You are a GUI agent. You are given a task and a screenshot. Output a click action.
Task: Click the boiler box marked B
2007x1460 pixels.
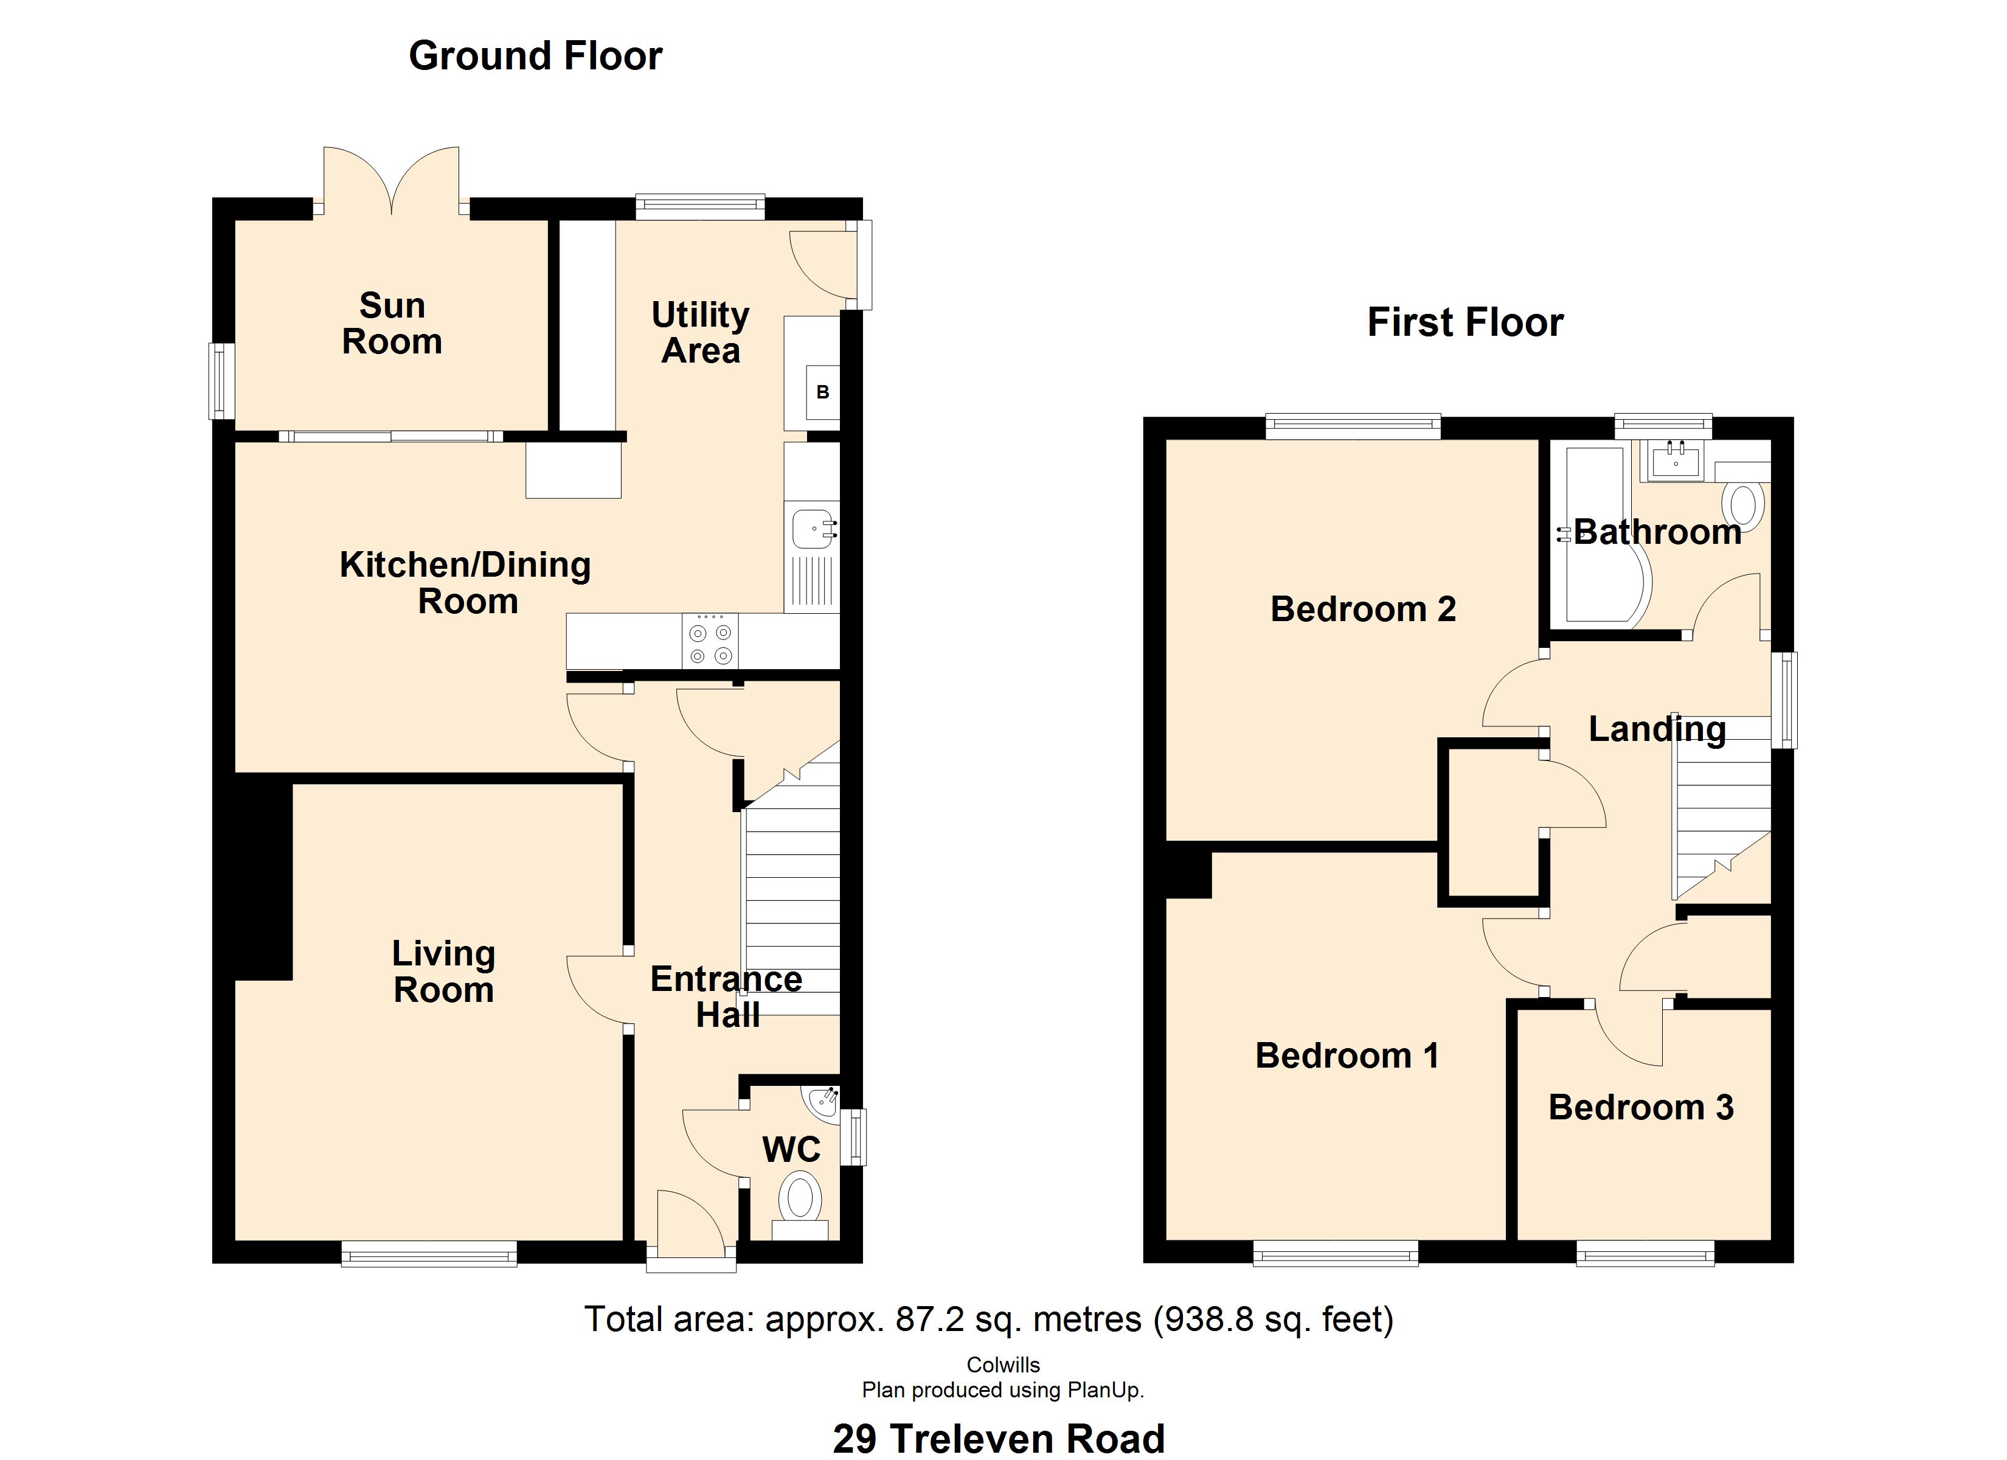click(822, 392)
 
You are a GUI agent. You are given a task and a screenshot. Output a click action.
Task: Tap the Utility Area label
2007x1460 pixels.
click(701, 333)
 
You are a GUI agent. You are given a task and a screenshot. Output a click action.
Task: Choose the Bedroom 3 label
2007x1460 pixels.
click(1641, 1108)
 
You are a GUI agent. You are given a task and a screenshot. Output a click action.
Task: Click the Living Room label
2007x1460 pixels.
click(443, 972)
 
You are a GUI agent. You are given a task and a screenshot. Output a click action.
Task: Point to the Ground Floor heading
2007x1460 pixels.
click(535, 57)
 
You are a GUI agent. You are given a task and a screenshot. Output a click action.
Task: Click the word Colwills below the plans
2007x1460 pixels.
click(1003, 1364)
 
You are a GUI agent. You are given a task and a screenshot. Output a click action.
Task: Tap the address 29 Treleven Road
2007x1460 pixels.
click(999, 1439)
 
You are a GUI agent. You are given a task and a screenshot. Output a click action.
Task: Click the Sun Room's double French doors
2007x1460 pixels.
click(391, 181)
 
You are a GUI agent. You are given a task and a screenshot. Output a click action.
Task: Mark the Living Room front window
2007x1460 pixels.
click(429, 1253)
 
